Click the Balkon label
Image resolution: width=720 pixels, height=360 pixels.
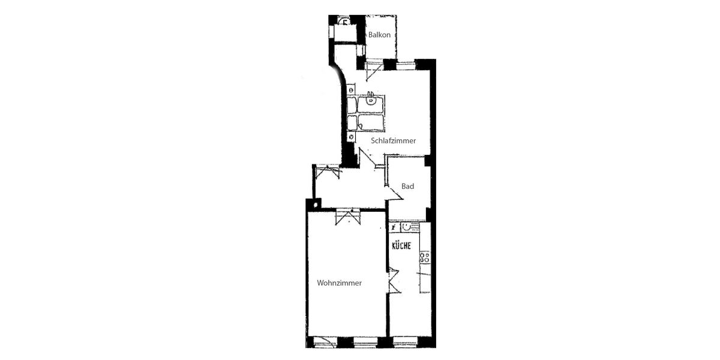coord(379,35)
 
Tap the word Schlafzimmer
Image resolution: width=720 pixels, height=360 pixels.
coord(394,141)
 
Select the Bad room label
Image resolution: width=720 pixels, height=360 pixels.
coord(407,186)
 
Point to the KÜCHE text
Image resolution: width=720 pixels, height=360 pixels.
coord(401,246)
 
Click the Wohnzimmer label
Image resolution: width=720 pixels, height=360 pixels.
coord(339,283)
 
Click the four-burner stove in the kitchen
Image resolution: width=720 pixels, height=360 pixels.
coord(425,257)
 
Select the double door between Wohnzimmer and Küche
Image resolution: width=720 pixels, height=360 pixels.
coord(394,280)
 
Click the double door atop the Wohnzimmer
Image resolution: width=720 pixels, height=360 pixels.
coord(348,217)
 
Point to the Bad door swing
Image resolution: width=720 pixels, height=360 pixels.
coord(394,193)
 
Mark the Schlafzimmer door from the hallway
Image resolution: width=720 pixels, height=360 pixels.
coord(367,157)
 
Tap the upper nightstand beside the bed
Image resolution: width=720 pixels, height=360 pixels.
coord(351,90)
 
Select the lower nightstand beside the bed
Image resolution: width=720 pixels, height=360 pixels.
coord(351,137)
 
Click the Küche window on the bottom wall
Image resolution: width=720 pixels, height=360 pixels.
coord(405,341)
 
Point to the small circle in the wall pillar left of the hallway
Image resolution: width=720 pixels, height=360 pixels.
coord(316,205)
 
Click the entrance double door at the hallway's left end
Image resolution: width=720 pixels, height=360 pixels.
coord(328,172)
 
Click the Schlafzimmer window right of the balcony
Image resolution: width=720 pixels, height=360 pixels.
coord(406,65)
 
